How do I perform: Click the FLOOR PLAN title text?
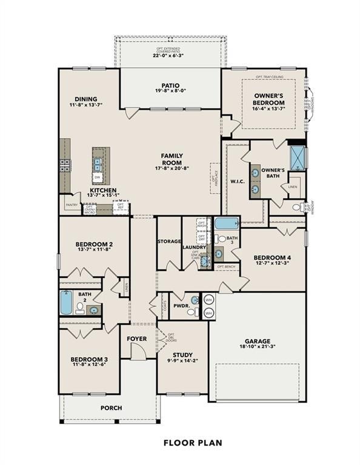pos(193,443)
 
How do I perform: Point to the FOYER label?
pos(138,338)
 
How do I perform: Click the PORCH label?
pos(111,408)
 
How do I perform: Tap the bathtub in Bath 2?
pos(66,302)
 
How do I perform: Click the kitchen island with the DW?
pos(98,165)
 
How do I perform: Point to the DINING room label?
pos(86,99)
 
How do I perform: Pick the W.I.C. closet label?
pos(237,180)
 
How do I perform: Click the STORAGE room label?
pos(169,241)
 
